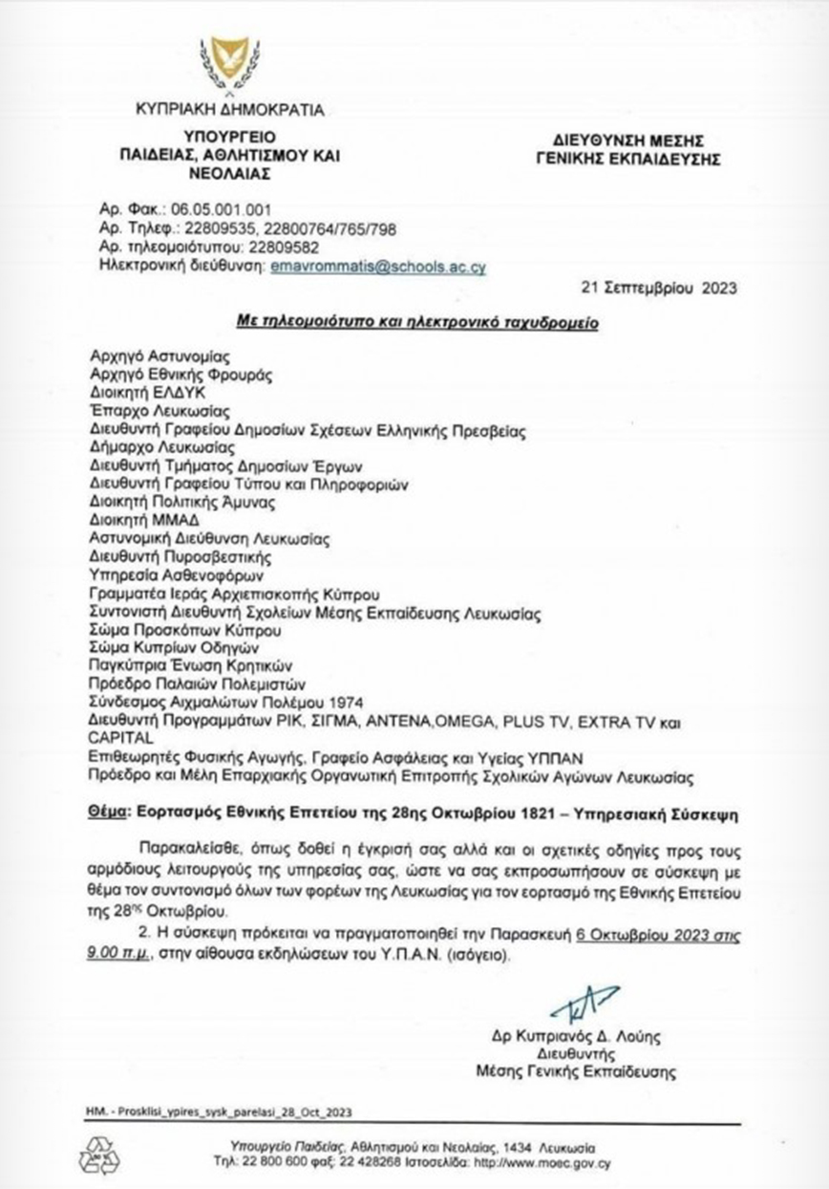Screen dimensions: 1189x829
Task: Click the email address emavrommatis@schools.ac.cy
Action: [377, 269]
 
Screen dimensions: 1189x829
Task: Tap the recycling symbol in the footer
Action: [96, 1154]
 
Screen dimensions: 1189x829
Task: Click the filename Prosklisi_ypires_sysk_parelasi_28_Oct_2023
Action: [231, 1112]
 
